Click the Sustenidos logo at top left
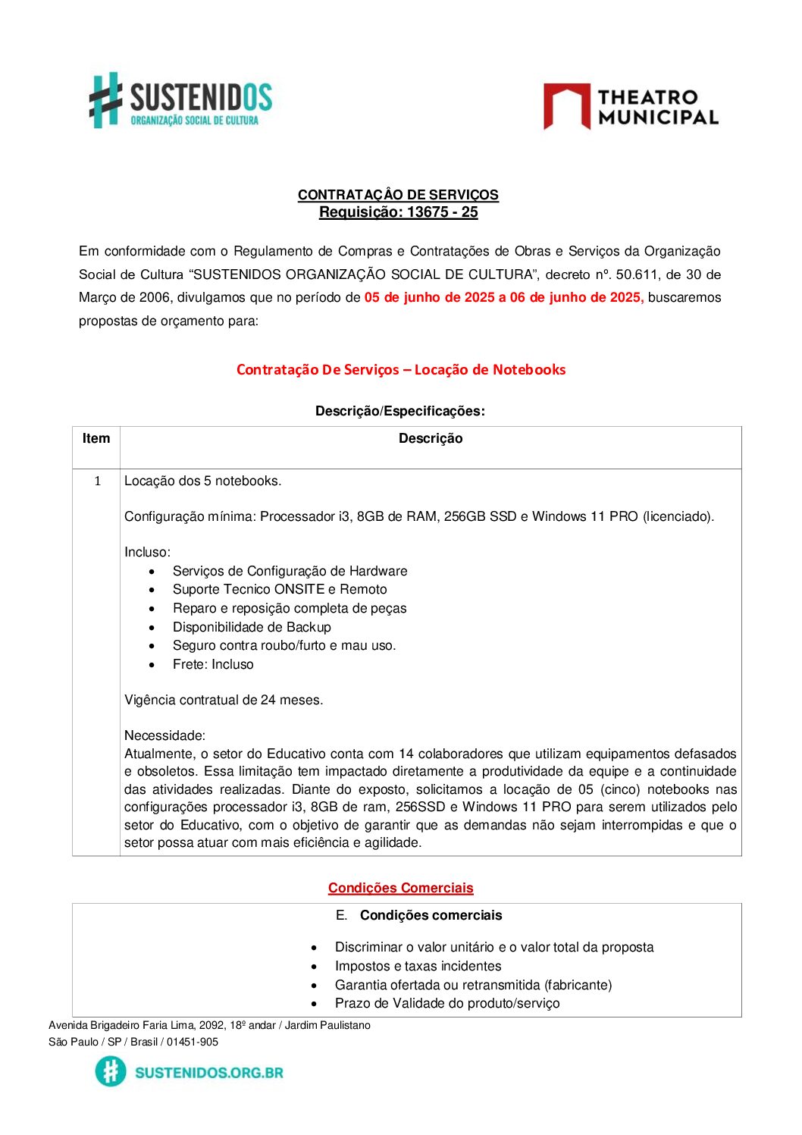point(180,100)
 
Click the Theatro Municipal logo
point(630,107)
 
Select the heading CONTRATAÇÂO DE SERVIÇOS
point(398,195)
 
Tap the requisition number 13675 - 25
point(442,212)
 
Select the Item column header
point(96,439)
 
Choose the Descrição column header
point(430,439)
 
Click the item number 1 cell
point(97,481)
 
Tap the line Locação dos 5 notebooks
point(202,481)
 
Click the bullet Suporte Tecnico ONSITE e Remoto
point(280,590)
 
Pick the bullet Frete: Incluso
point(213,665)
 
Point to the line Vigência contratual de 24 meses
point(224,701)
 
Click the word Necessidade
point(164,736)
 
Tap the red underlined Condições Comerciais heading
point(400,888)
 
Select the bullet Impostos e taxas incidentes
point(418,967)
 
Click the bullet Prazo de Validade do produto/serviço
point(447,1004)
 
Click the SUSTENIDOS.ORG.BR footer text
point(208,1073)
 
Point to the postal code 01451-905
point(193,1043)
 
